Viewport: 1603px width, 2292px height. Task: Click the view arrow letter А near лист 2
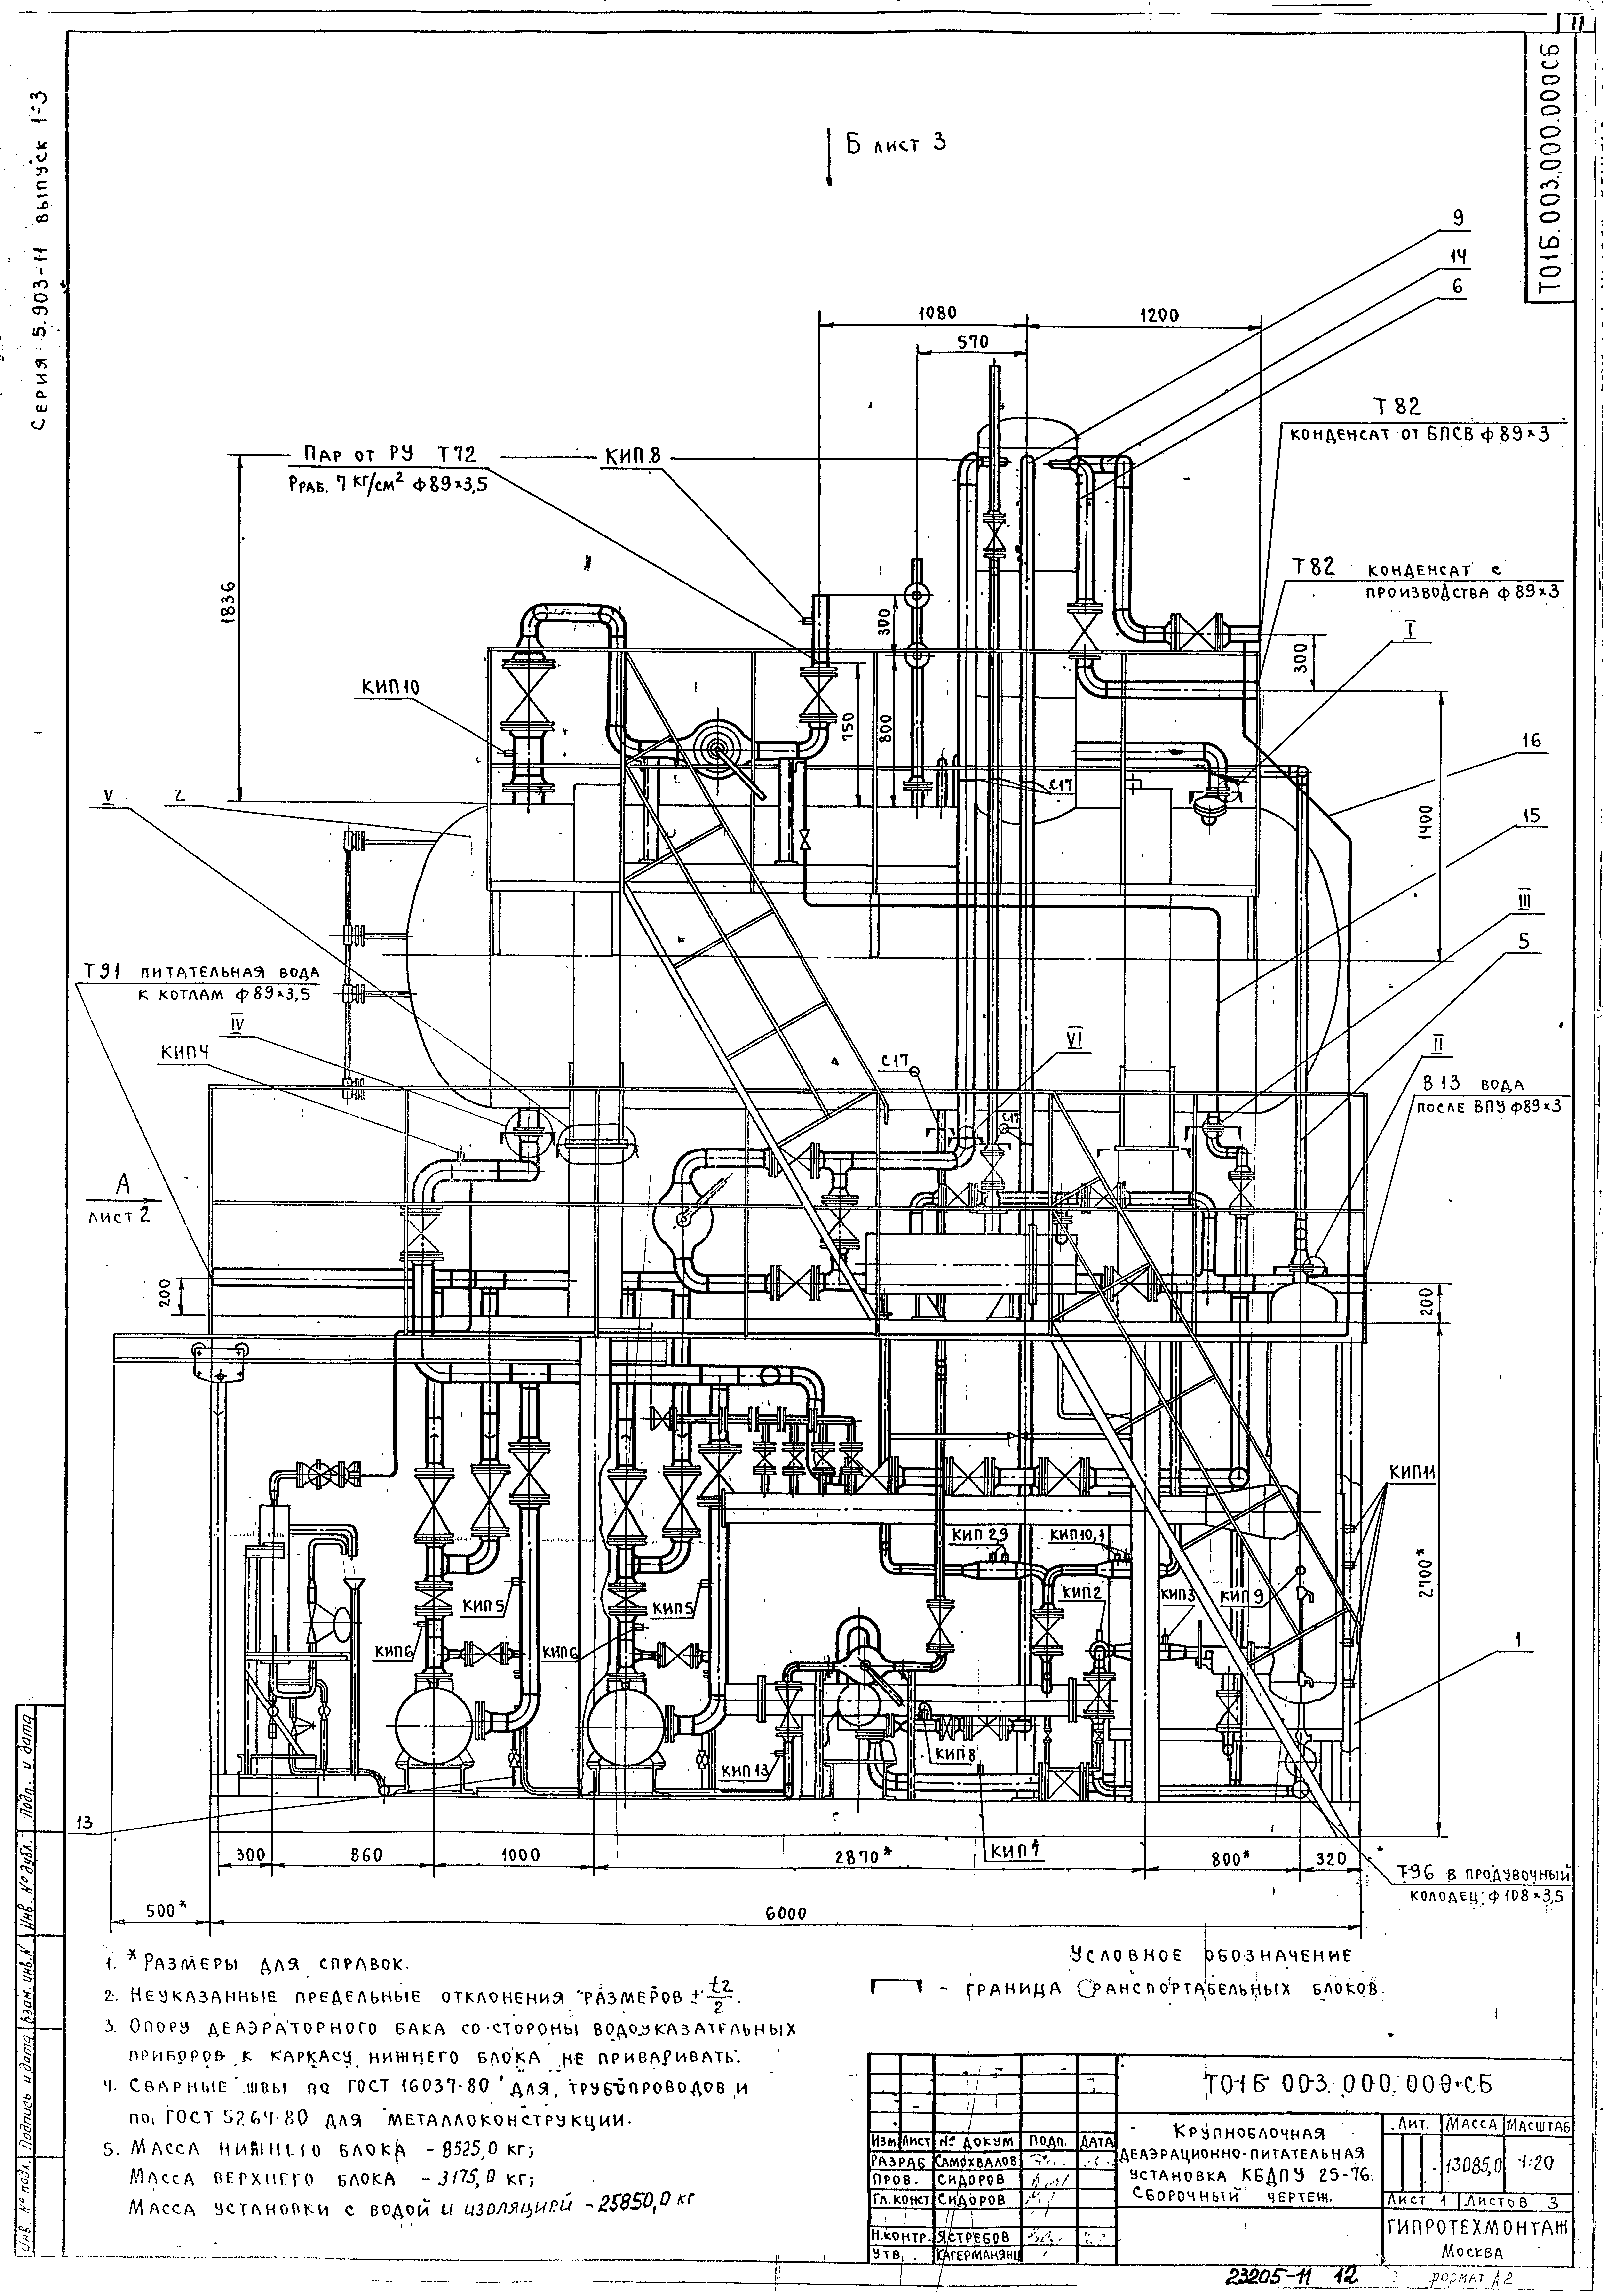(x=124, y=1184)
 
